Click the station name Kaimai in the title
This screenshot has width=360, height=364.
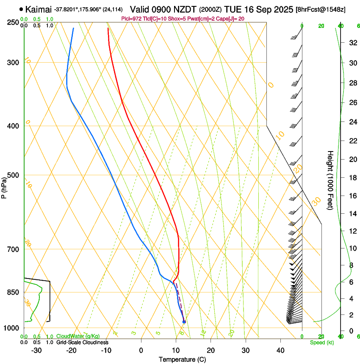click(39, 9)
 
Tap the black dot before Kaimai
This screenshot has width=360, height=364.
click(21, 9)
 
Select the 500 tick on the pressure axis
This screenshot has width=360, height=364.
click(13, 175)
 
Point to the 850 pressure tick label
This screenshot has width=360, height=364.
click(13, 292)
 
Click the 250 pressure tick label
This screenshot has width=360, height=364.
click(13, 22)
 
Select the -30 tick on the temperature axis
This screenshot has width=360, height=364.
click(36, 350)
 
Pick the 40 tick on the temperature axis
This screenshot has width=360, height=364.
click(280, 350)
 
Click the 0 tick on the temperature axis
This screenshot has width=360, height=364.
click(141, 350)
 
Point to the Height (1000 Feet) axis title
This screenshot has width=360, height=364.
click(330, 180)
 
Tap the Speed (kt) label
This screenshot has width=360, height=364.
click(321, 342)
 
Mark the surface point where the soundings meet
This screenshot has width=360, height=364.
click(184, 322)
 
